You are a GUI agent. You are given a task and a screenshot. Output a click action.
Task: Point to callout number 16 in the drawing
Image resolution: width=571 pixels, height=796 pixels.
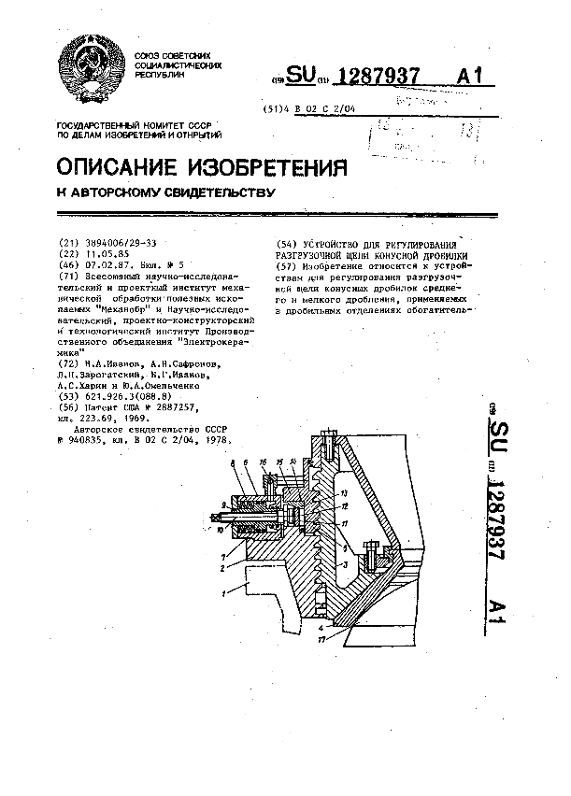pyautogui.click(x=264, y=463)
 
